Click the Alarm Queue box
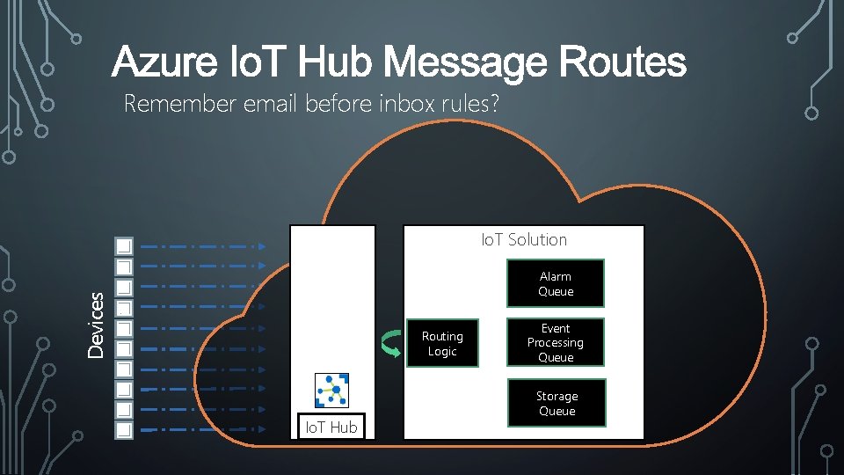pos(555,284)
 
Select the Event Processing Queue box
pos(555,342)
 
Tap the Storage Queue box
pos(557,404)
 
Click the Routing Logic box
pos(442,344)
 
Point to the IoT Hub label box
pos(331,427)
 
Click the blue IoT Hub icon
pos(331,391)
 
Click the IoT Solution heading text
pos(524,239)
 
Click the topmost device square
pos(124,245)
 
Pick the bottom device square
pos(124,430)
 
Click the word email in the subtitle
pos(273,104)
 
